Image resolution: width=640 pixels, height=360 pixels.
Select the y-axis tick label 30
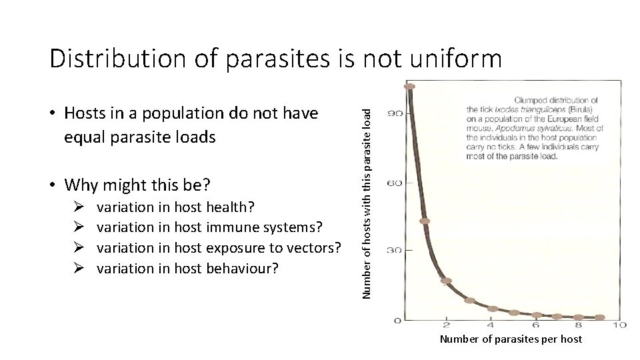tap(395, 251)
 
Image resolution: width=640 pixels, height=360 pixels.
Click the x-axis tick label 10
tap(619, 325)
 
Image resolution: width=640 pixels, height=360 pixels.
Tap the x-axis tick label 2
tap(446, 325)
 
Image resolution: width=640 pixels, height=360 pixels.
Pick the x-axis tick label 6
tap(534, 325)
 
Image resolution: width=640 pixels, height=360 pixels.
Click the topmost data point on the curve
tap(409, 86)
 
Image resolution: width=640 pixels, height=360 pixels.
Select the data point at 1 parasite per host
tap(425, 221)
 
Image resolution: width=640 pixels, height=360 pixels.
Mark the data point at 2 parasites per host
tap(447, 281)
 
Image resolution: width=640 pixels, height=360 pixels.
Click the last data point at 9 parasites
tap(599, 317)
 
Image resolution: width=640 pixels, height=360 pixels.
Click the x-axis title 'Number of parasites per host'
tap(511, 339)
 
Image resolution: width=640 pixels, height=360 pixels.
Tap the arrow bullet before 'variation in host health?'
tap(78, 207)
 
